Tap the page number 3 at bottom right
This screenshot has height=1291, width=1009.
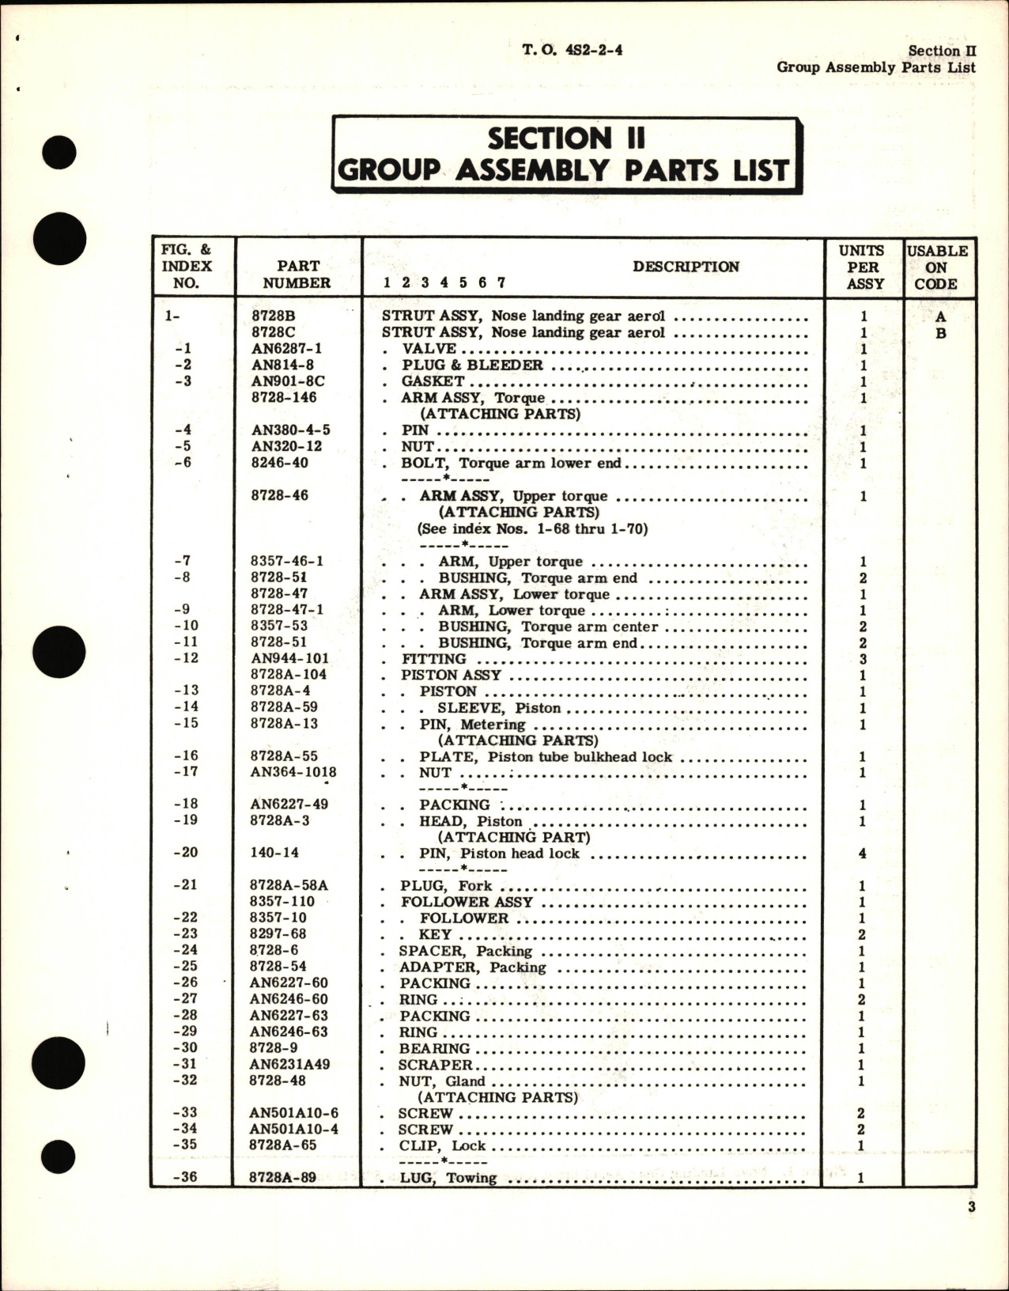(x=971, y=1229)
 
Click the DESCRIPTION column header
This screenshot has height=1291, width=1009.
(x=686, y=267)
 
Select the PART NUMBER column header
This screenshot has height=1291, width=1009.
(x=297, y=274)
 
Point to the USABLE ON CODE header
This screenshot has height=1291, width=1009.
(x=937, y=267)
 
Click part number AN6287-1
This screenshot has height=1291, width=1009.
(x=286, y=349)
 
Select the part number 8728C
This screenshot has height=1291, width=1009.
(x=273, y=332)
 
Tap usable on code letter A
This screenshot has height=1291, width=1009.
(x=940, y=317)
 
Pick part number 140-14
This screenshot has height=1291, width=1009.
(x=274, y=853)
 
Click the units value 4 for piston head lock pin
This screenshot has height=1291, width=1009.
(x=862, y=854)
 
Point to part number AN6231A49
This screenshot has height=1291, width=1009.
(x=289, y=1065)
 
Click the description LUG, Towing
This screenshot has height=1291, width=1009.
(x=448, y=1178)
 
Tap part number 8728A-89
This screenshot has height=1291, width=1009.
(x=282, y=1178)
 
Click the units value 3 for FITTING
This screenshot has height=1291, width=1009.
(x=862, y=659)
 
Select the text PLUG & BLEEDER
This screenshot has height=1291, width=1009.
(x=472, y=365)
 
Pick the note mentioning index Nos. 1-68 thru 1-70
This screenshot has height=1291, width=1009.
(x=532, y=528)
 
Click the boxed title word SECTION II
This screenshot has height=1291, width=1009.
(x=566, y=138)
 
